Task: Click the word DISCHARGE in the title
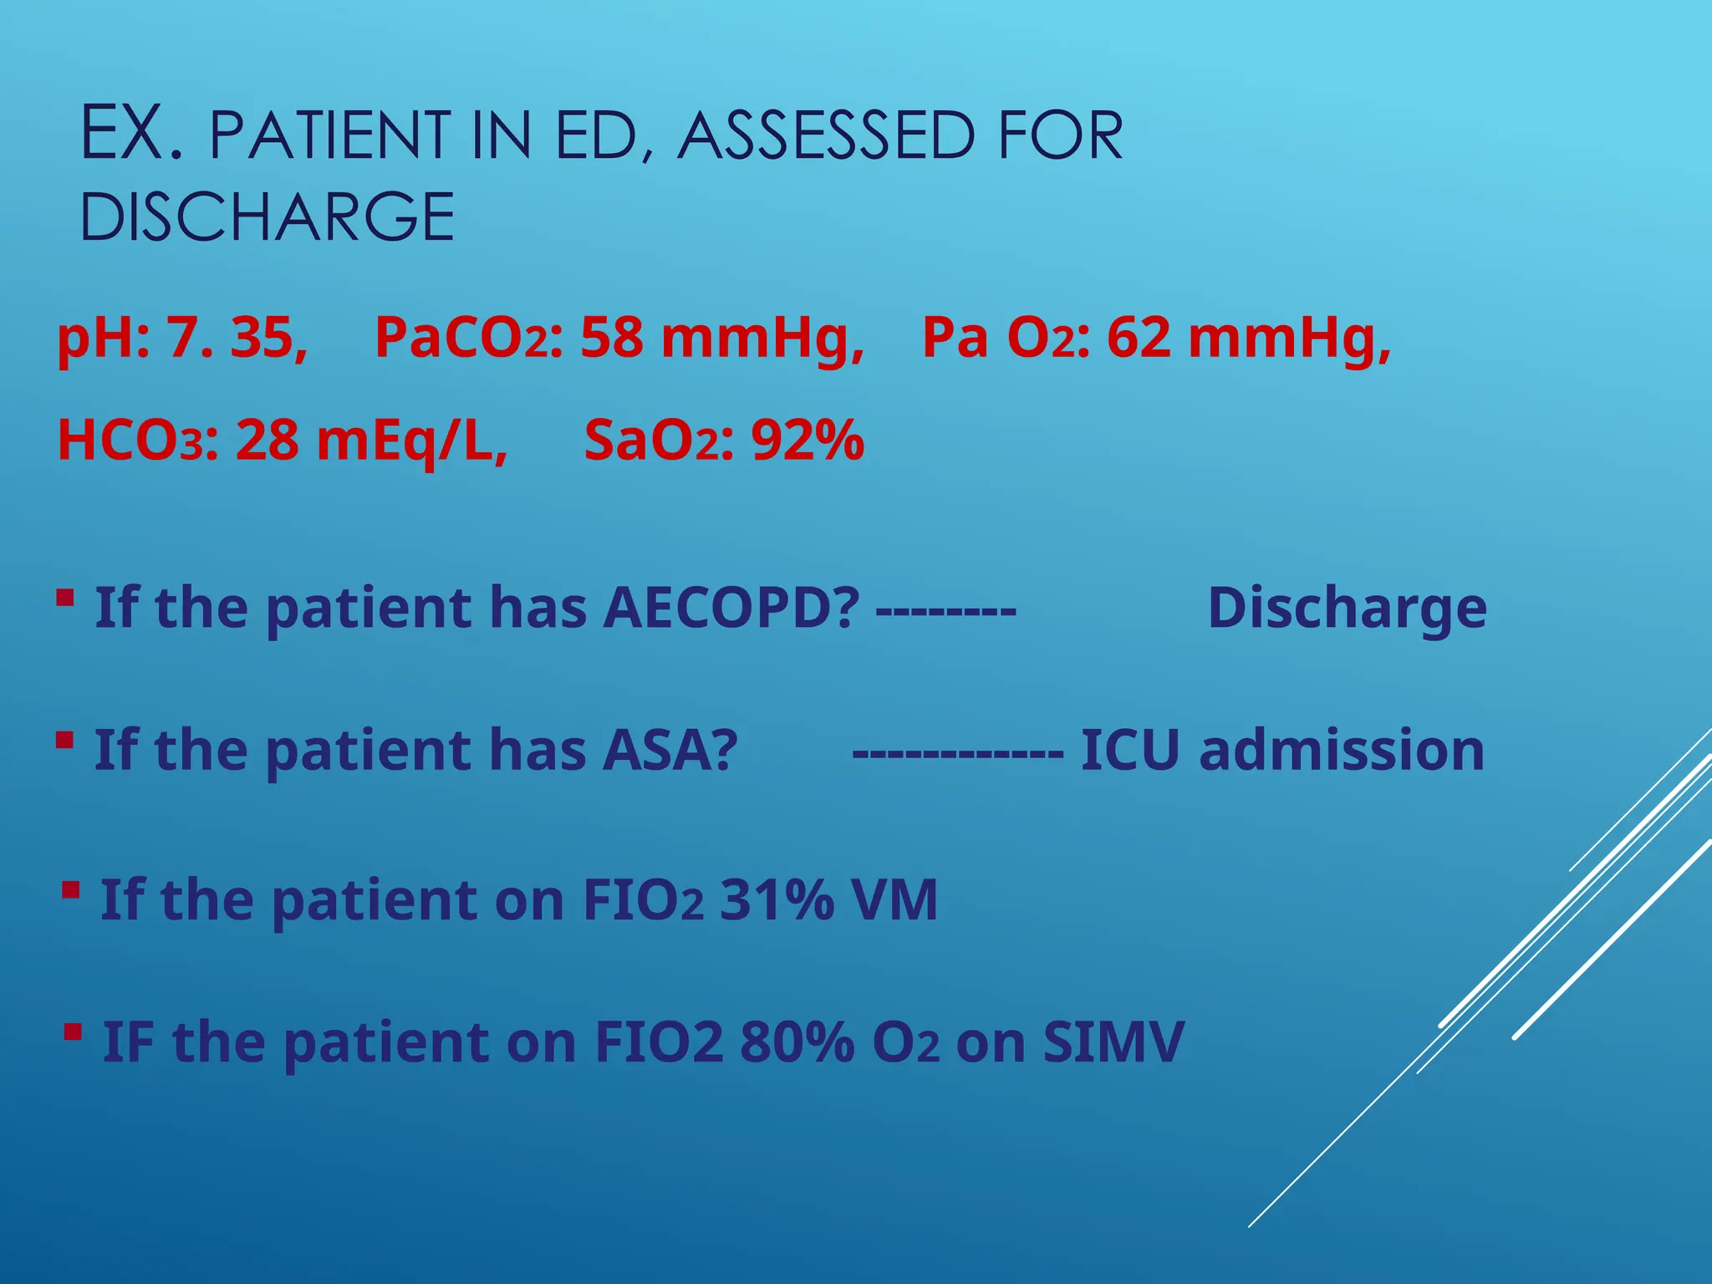coord(267,217)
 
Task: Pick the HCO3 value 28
coord(267,441)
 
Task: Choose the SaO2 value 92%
coord(808,441)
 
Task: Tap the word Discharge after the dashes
coord(1347,607)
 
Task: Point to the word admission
coord(1342,750)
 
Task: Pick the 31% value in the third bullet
coord(777,900)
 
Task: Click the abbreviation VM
coord(894,900)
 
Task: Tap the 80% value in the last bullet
coord(797,1042)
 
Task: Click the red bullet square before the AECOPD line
coord(65,598)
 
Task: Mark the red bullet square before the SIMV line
coord(74,1033)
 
